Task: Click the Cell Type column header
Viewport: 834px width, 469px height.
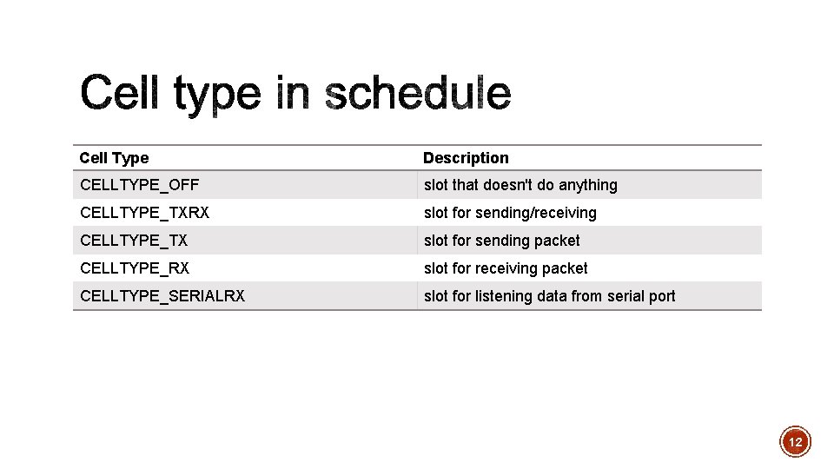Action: pos(114,158)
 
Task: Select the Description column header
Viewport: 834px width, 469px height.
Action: pos(466,158)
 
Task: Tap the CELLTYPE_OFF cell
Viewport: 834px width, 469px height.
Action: pos(139,185)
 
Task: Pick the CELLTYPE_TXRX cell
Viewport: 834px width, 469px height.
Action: pos(144,213)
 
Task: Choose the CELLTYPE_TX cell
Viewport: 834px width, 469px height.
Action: pos(134,241)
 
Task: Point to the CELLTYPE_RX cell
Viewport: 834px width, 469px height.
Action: pos(135,268)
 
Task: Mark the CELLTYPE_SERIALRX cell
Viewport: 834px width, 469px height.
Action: pos(162,296)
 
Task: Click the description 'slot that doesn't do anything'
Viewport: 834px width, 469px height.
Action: pos(520,185)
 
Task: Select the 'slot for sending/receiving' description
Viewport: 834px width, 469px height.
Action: pos(510,213)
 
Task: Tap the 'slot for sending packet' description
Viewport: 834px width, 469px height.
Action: pos(501,241)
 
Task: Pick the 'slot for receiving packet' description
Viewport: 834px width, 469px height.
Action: pos(506,268)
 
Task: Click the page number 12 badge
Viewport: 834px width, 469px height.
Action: pos(795,442)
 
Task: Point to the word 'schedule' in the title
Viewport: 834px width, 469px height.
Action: pos(418,94)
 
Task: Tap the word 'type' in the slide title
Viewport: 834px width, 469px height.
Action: pos(217,96)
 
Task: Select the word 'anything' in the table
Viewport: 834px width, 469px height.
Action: pos(588,185)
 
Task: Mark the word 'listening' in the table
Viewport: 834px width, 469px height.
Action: pos(503,296)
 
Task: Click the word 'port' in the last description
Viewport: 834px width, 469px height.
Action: pos(662,297)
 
